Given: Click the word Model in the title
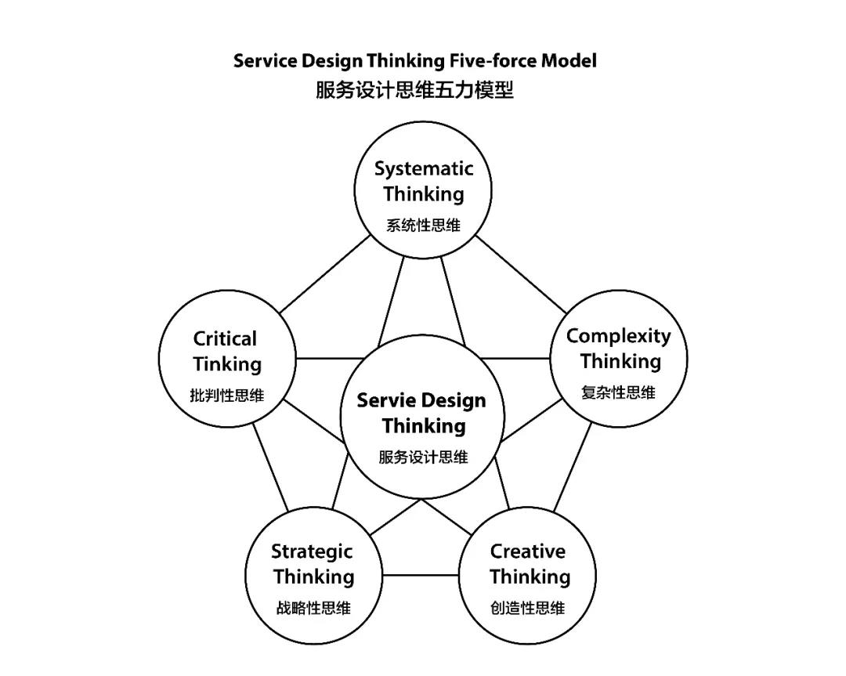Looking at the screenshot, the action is click(x=569, y=60).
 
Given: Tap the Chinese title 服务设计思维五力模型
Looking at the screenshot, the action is click(x=414, y=89).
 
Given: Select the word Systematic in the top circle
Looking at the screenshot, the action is click(x=424, y=169).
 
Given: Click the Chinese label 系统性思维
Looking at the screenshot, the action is click(x=423, y=225).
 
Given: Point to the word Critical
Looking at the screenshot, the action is click(x=225, y=339).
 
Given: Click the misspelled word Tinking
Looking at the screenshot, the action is click(x=227, y=364).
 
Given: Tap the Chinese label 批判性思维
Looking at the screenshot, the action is click(x=227, y=395).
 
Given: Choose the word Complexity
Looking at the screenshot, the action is click(x=618, y=336).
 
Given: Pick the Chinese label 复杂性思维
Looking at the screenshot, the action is click(x=618, y=392).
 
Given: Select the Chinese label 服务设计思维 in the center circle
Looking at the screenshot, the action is click(x=423, y=457).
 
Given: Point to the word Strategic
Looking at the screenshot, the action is click(x=312, y=552).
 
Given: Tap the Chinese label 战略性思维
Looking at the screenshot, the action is click(x=313, y=608).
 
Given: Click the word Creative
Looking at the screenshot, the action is click(x=528, y=551).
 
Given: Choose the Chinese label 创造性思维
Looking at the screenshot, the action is click(x=528, y=608).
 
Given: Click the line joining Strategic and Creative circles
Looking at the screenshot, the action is click(x=421, y=575).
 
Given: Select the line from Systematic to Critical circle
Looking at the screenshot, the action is click(x=325, y=274).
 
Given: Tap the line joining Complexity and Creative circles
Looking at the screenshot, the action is click(x=573, y=467).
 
